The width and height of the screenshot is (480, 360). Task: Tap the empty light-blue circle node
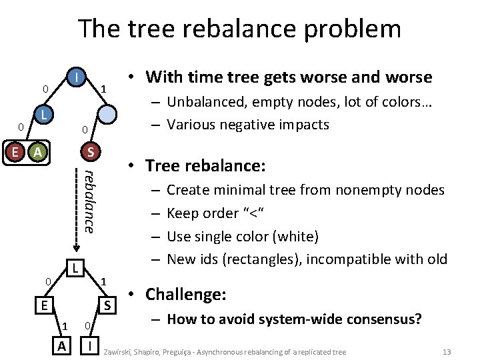110,113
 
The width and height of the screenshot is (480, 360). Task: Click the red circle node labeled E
15,152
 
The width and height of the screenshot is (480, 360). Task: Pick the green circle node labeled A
38,152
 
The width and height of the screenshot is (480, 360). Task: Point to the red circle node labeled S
90,152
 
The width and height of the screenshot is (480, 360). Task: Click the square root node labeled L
77,269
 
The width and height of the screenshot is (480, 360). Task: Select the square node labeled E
44,306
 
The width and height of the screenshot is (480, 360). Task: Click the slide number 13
447,351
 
